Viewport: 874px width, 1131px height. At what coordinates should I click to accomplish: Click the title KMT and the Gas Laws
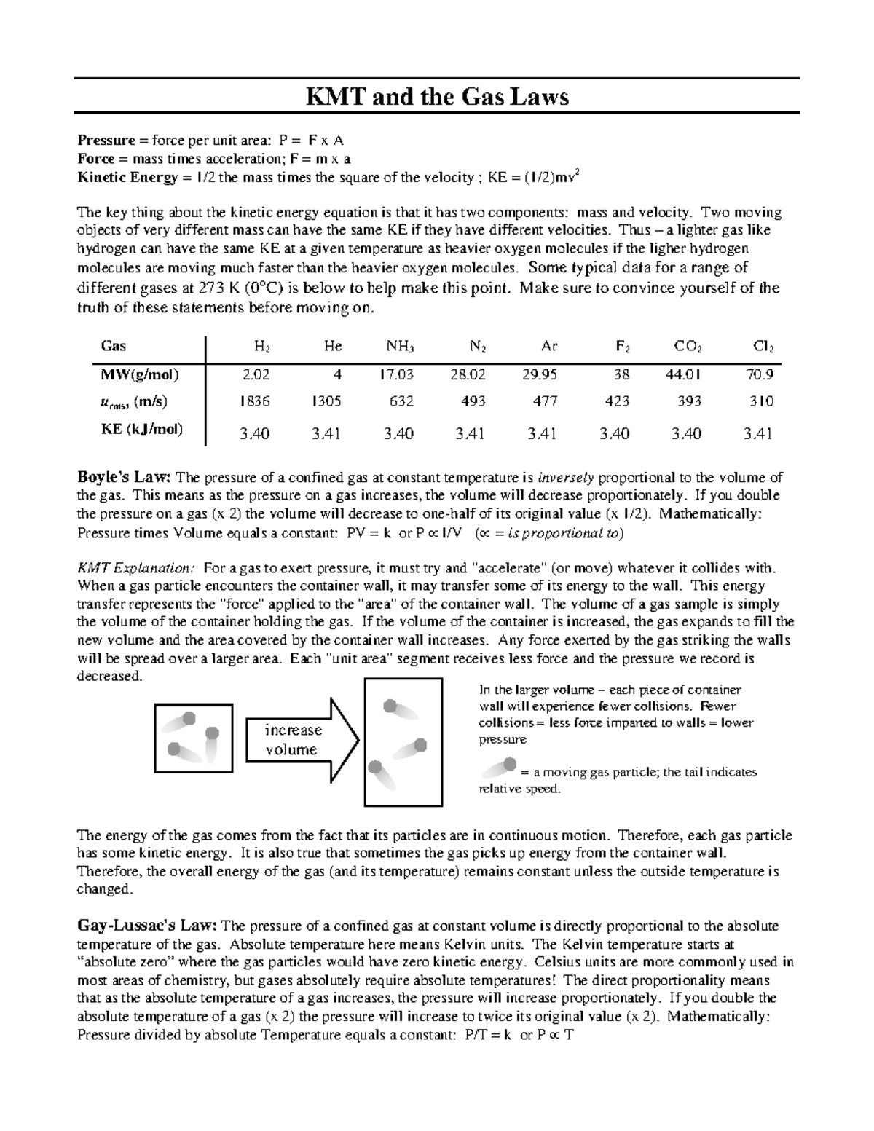[x=436, y=97]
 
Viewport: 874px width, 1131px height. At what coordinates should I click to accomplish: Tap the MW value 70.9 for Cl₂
[x=760, y=375]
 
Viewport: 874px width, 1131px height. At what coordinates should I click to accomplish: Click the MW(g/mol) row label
[x=140, y=375]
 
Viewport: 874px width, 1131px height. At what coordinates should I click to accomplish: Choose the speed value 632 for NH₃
[x=401, y=401]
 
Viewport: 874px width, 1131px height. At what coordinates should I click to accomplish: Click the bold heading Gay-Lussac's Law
[x=146, y=926]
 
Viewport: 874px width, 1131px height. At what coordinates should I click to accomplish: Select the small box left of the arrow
[x=193, y=739]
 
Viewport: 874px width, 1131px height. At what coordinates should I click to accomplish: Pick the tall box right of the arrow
[x=403, y=741]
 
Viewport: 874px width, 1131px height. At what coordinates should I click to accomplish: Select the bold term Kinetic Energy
[x=127, y=177]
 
